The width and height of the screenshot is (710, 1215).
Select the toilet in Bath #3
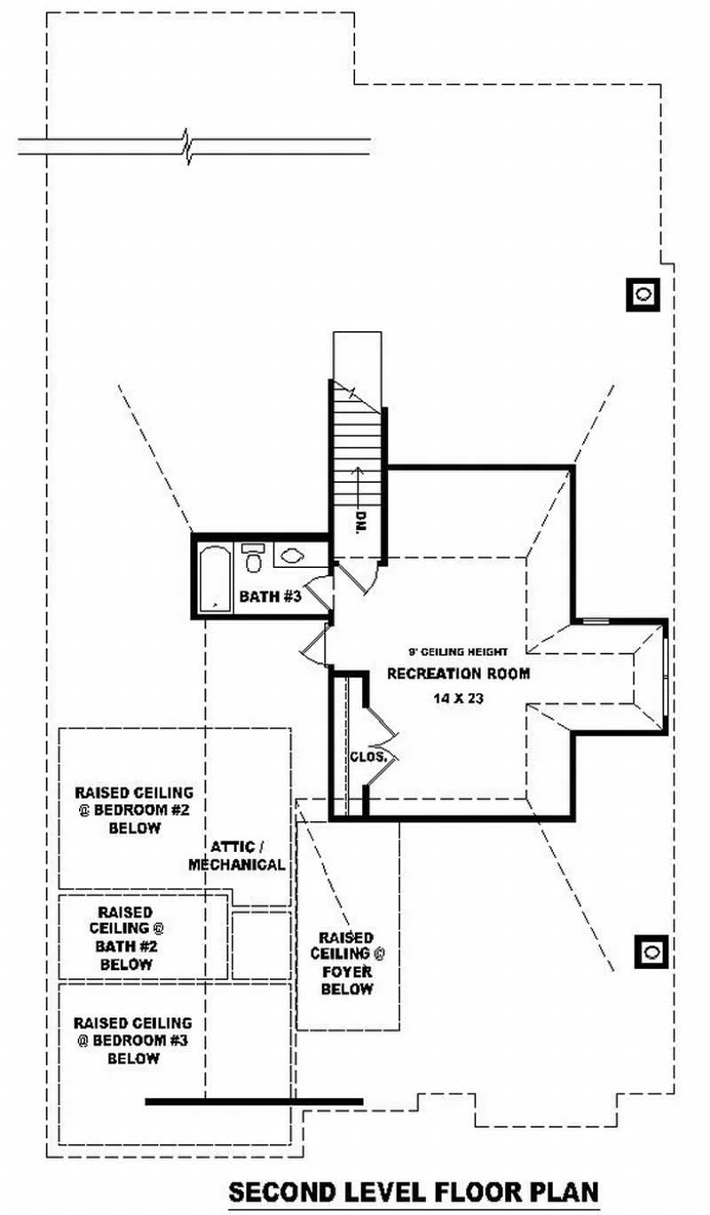pyautogui.click(x=254, y=559)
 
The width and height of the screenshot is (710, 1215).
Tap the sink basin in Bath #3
pyautogui.click(x=292, y=556)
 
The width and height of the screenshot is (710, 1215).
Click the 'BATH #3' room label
pyautogui.click(x=271, y=597)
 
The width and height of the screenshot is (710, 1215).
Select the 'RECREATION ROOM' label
pyautogui.click(x=458, y=674)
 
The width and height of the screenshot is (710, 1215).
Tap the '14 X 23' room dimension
pyautogui.click(x=458, y=698)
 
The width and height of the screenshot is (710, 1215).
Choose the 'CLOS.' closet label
pyautogui.click(x=367, y=757)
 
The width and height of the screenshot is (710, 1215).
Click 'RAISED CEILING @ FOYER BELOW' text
pyautogui.click(x=347, y=963)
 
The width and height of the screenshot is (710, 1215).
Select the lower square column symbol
pyautogui.click(x=651, y=951)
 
